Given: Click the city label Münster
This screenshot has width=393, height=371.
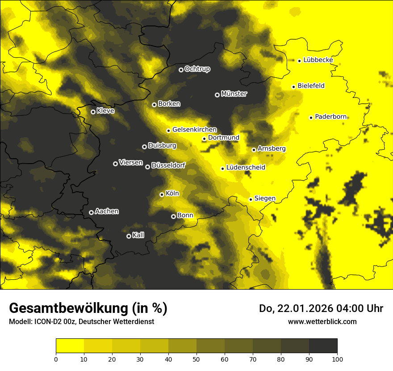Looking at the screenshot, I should pos(234,94).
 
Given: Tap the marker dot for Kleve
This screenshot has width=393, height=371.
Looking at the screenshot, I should pos(93,112).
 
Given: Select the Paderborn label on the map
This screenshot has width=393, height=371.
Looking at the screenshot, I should pos(330,117).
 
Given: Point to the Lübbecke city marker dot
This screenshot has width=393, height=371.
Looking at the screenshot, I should pos(299,61).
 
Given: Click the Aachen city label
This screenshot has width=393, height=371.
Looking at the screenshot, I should pos(107,211).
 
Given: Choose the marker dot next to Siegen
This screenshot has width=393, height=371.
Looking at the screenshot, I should pos(251,199).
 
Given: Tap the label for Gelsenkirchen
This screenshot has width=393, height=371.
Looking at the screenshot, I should pos(194,130).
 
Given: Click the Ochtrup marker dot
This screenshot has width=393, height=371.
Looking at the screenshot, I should pos(181,70).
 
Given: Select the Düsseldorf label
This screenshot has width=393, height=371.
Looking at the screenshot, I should pos(168,166).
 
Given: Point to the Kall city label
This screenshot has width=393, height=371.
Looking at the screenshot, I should pos(138,235).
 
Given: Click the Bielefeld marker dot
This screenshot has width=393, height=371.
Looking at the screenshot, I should pos(293,87).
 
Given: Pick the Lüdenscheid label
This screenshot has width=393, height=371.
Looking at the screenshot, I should pos(246,168).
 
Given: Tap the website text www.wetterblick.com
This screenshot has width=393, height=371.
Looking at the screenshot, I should pos(322,321).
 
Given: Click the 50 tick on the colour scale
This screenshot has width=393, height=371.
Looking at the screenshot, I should pos(196,359).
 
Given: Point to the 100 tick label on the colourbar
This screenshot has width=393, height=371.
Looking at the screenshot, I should pos(337,359).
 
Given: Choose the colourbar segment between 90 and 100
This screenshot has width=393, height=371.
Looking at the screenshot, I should pos(323,346).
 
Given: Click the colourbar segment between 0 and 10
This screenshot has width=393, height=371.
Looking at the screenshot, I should pos(70,346).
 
